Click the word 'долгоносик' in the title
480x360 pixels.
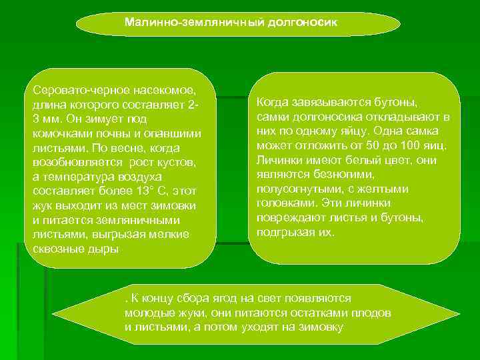303,22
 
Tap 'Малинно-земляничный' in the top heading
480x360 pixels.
195,22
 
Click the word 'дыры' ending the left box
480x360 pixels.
105,249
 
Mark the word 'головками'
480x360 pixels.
285,203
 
